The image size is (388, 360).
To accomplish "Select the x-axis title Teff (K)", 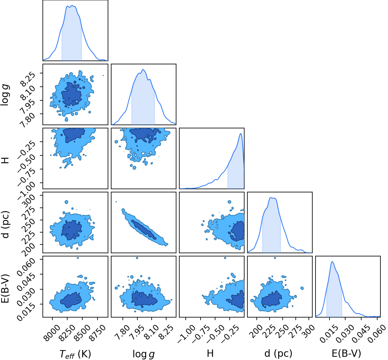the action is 75,354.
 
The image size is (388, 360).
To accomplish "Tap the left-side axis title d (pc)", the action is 6,224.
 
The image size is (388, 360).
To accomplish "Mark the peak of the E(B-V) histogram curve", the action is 332,262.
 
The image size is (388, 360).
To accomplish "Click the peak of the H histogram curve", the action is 241,134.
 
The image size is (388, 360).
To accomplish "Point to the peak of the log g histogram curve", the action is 143,70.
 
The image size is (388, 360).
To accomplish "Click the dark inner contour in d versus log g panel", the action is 143,230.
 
